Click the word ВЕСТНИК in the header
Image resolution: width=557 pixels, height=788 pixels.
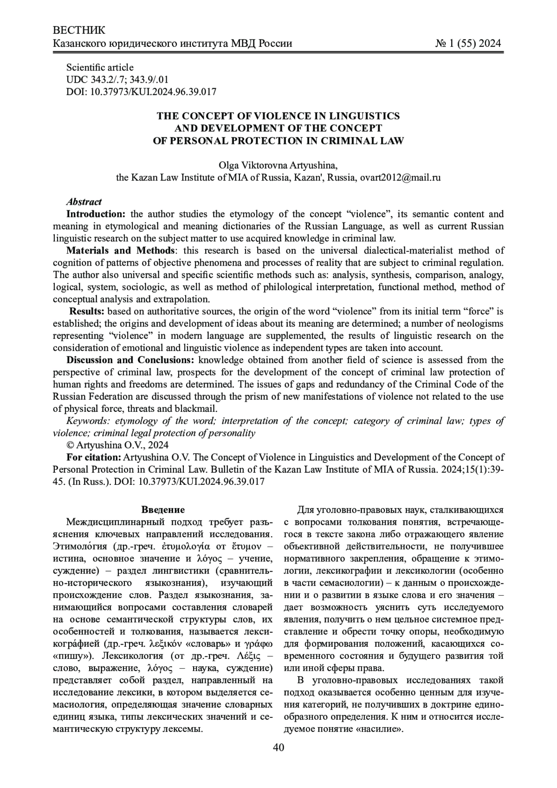(x=79, y=31)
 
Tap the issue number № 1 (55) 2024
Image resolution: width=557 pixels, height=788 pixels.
(x=468, y=44)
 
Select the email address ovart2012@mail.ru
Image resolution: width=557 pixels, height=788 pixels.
(x=400, y=177)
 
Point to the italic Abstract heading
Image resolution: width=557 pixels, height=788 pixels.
(x=84, y=202)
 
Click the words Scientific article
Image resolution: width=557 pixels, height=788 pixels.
(x=100, y=67)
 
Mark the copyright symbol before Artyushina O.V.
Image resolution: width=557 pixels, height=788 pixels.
(x=71, y=445)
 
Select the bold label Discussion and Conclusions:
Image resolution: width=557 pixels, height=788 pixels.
(x=125, y=360)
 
